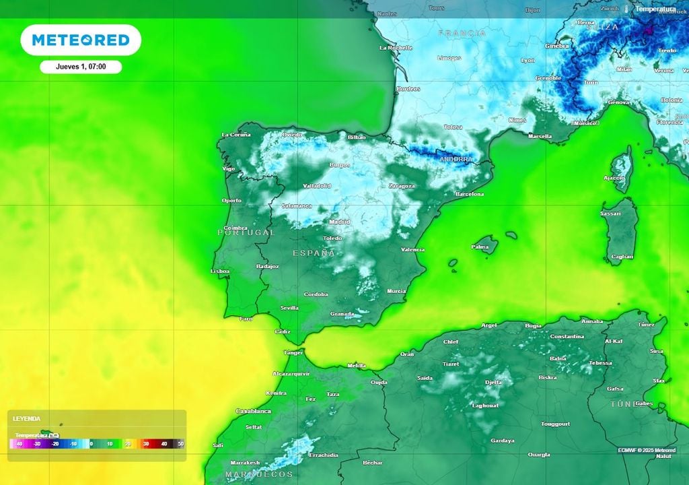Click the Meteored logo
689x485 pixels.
pos(81,40)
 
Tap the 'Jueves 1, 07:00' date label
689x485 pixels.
pos(80,67)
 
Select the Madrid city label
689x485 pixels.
pos(340,222)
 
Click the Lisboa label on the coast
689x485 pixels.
pos(220,271)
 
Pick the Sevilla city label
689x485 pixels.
pos(289,308)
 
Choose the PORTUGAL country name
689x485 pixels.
pos(246,232)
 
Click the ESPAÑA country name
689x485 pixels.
pos(314,253)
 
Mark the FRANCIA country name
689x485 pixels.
pos(462,33)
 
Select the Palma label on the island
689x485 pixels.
pos(480,247)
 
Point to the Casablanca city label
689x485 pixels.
pos(254,411)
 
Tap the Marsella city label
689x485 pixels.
pos(540,136)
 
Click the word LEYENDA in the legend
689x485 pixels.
pos(26,418)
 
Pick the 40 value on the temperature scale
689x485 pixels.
pos(164,444)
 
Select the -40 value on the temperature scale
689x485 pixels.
pos(19,444)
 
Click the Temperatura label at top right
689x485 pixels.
pos(655,9)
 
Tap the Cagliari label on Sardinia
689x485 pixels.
pos(621,257)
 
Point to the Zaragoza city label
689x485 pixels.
pos(402,186)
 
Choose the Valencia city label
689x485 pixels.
pos(412,249)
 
